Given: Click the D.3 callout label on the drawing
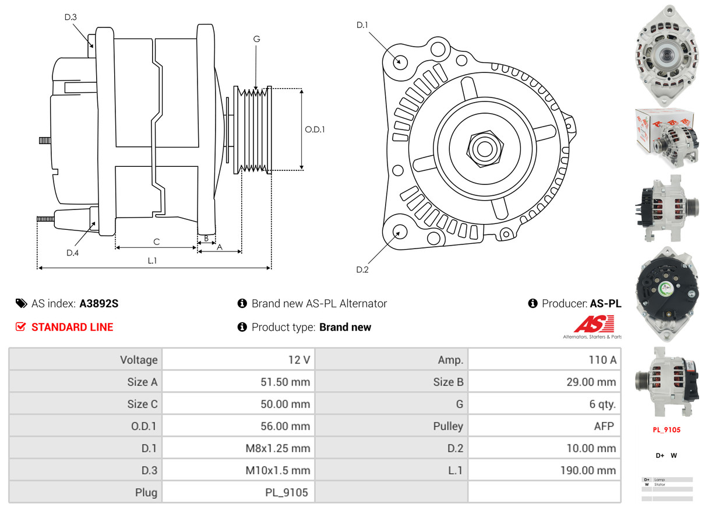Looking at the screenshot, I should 70,17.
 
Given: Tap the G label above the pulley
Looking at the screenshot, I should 256,39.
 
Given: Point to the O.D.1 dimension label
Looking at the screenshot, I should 315,129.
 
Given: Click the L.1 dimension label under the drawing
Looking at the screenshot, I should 152,261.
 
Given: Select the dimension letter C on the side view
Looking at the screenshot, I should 156,242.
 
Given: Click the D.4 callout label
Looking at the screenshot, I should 72,253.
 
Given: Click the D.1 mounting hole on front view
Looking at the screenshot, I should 400,61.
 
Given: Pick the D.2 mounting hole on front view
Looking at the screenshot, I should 399,232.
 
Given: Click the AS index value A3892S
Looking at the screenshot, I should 99,303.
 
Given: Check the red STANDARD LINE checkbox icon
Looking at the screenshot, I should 20,327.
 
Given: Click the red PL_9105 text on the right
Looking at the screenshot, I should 667,430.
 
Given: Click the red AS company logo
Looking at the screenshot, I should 594,324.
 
